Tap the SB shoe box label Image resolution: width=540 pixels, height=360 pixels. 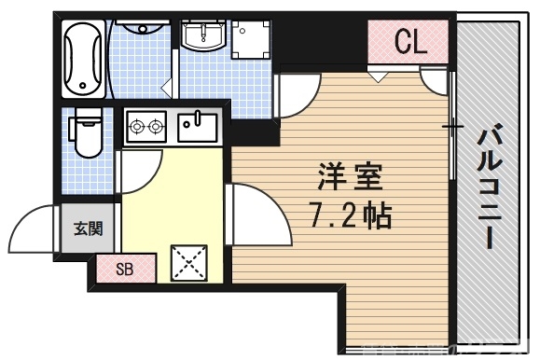pyautogui.click(x=125, y=270)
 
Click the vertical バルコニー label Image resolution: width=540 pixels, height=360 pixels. pyautogui.click(x=489, y=187)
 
